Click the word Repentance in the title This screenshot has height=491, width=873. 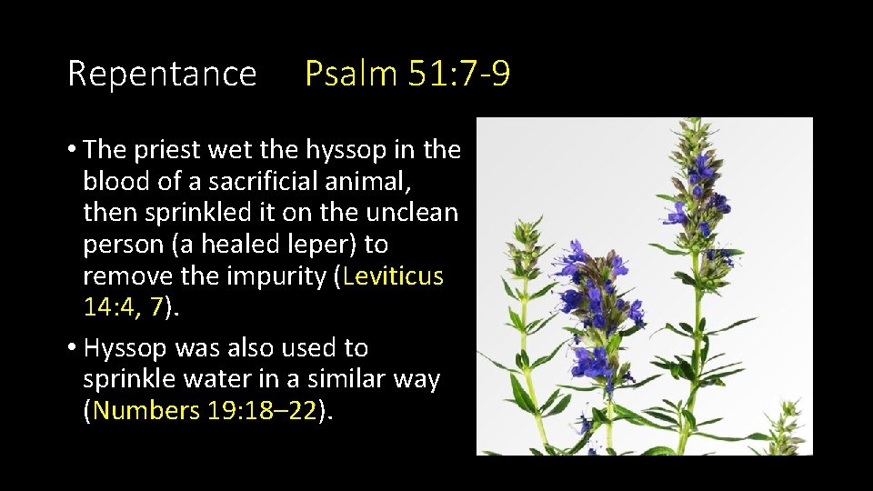tap(162, 74)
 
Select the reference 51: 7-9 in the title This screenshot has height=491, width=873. tap(459, 74)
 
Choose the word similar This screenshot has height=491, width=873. tap(341, 379)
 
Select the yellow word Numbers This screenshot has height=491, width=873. tap(146, 410)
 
